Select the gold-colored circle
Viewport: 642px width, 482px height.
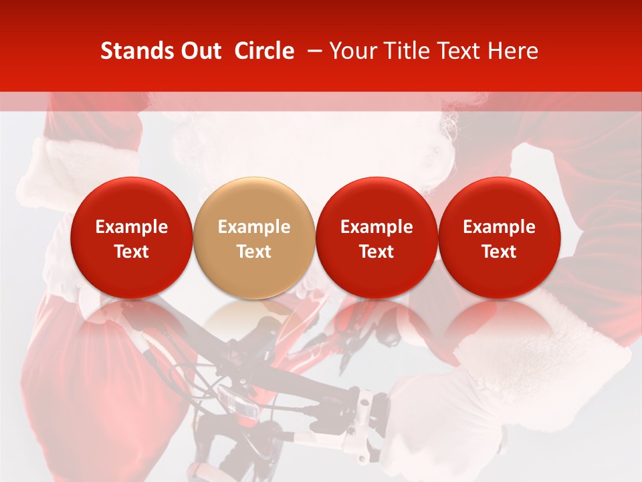(x=254, y=238)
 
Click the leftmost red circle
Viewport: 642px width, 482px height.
(x=132, y=238)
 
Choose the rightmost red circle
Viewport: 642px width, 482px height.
(x=500, y=238)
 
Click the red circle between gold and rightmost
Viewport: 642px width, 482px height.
(x=377, y=238)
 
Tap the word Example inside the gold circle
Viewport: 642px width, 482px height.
(x=254, y=227)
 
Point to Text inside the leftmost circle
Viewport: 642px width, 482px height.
(x=132, y=252)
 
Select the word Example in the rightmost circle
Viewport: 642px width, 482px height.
(x=500, y=227)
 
